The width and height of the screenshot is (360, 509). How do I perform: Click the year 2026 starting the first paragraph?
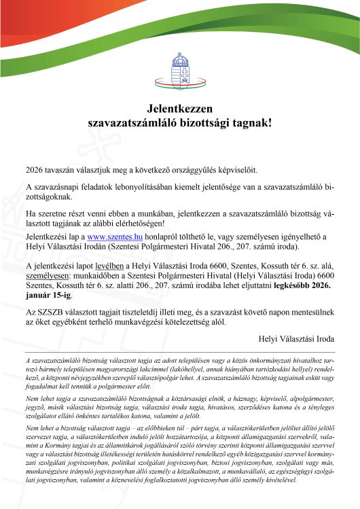pyautogui.click(x=35, y=169)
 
